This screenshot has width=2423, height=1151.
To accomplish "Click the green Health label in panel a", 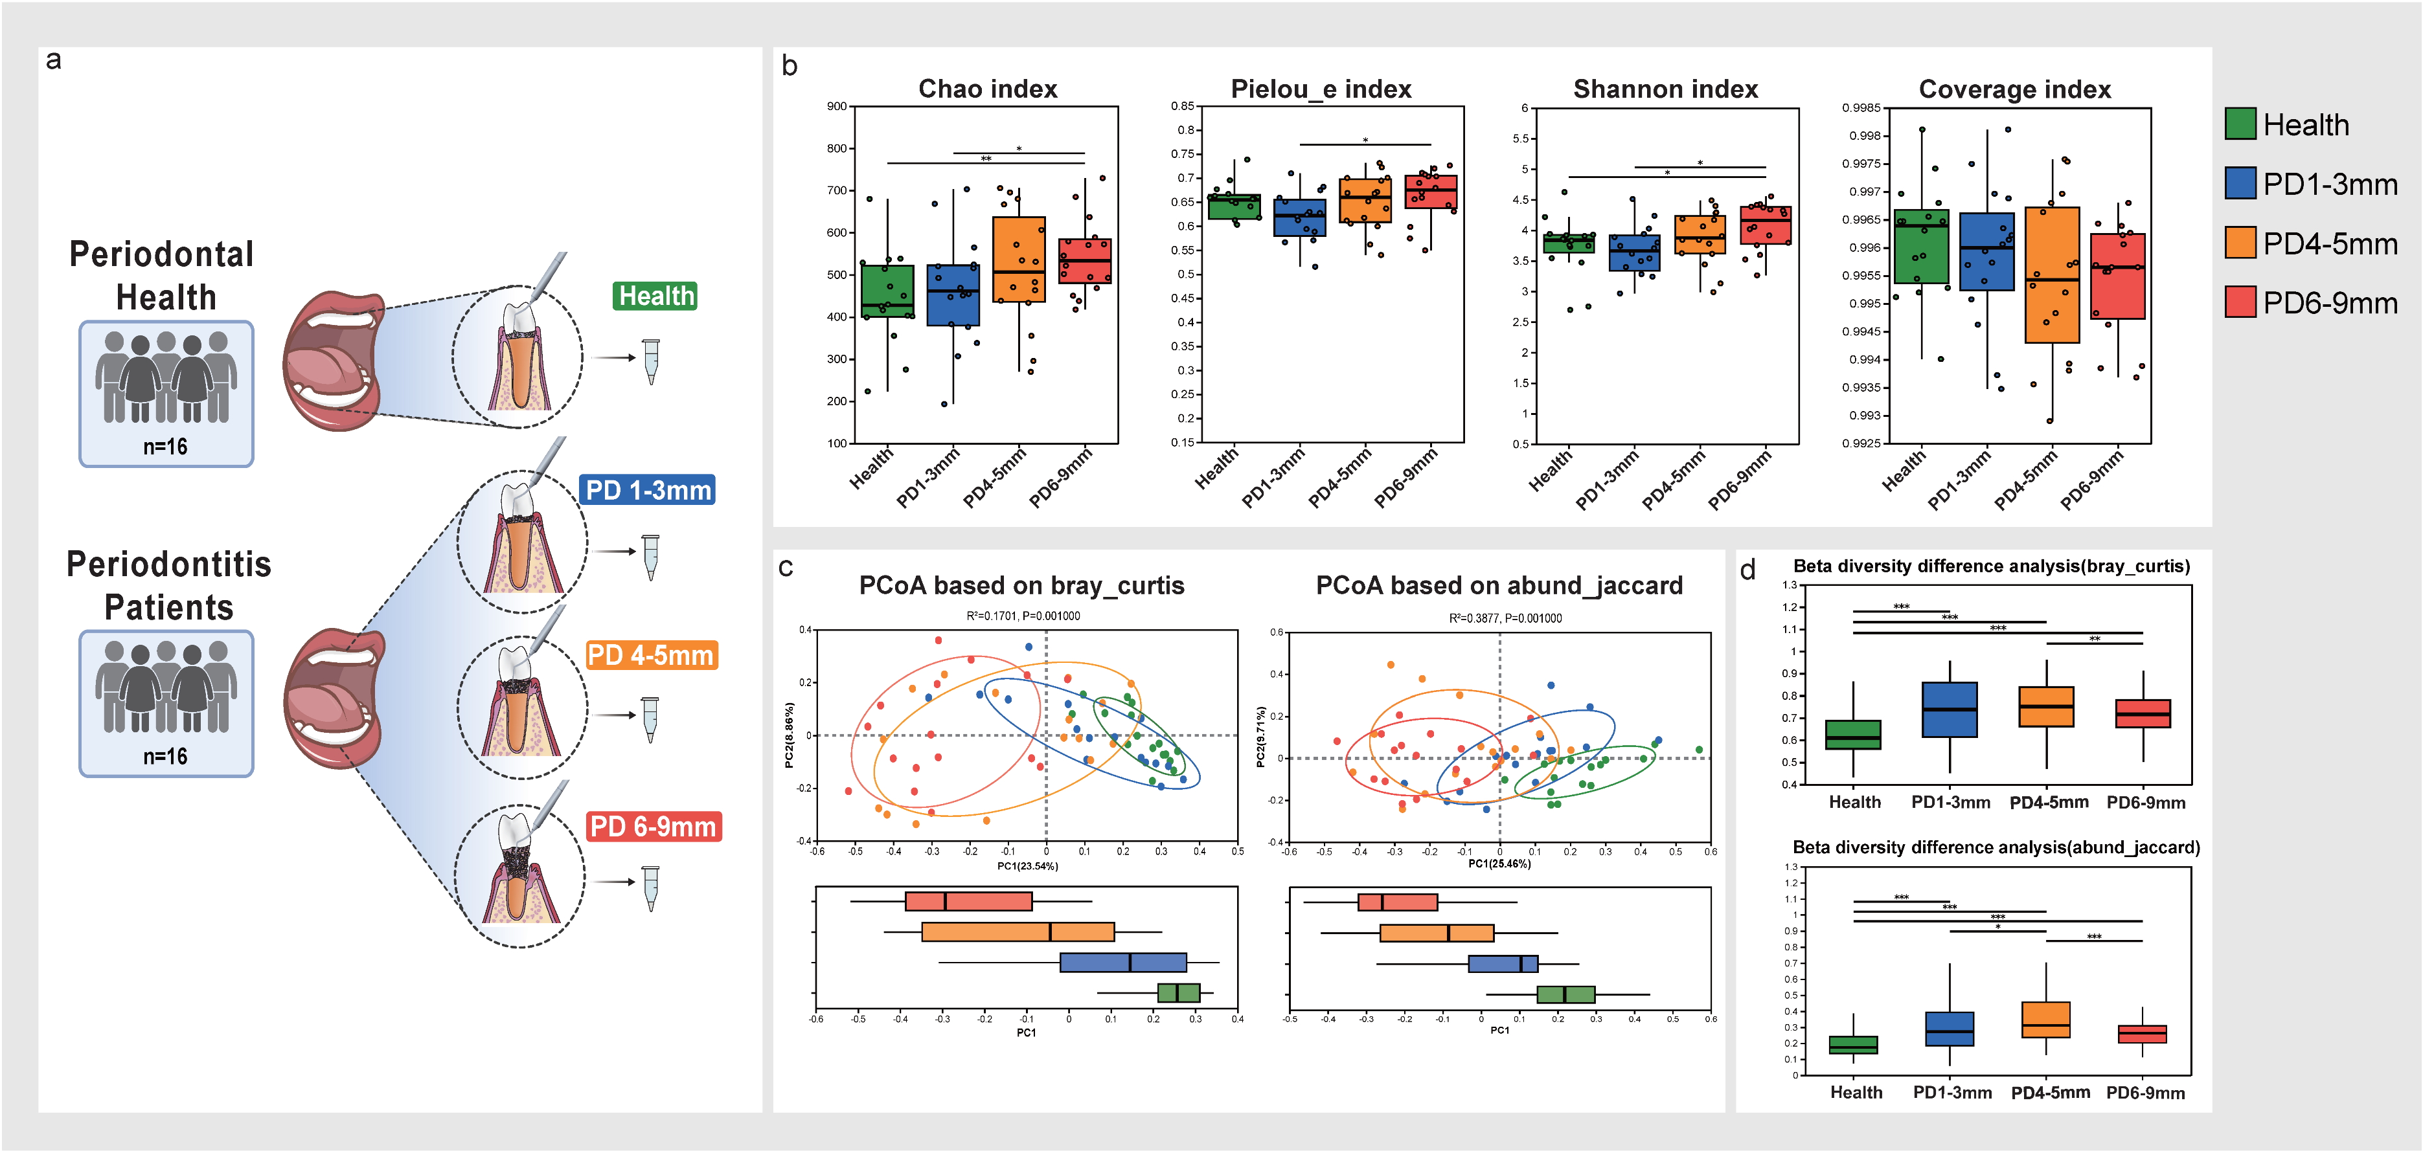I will click(655, 296).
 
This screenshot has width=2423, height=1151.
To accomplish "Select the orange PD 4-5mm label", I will click(651, 654).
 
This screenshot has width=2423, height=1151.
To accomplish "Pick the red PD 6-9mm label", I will click(654, 827).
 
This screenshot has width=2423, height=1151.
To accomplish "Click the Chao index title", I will click(988, 89).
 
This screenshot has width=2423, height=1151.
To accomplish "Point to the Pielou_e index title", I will click(1321, 89).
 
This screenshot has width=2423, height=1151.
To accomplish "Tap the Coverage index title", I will click(2015, 89).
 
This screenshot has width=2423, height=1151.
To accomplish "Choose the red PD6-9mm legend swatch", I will click(2240, 302).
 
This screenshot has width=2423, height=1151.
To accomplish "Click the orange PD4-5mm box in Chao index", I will click(1019, 260).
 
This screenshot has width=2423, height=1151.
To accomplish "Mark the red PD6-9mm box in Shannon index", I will click(1766, 226).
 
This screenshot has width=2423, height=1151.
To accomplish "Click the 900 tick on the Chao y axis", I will click(836, 106).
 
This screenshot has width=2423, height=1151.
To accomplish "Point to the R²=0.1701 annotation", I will click(1023, 616).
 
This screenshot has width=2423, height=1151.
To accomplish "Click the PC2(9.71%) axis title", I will click(1260, 737).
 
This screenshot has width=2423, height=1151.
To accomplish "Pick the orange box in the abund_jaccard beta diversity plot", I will click(2046, 1020).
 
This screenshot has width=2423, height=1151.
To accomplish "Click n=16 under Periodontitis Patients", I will click(166, 757).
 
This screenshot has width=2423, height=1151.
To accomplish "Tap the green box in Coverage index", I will click(1920, 247).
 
